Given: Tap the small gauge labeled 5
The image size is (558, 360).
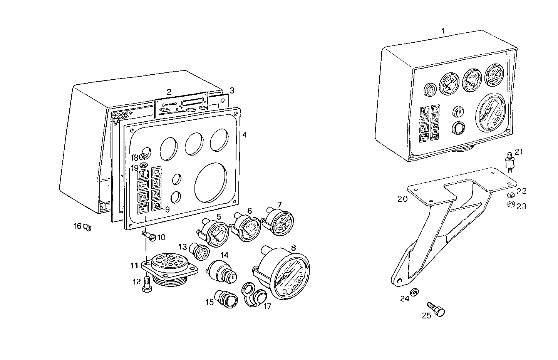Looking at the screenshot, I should pyautogui.click(x=214, y=234).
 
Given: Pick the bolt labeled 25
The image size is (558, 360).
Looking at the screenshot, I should pyautogui.click(x=437, y=310).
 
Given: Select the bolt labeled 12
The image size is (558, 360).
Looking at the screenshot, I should pyautogui.click(x=146, y=284).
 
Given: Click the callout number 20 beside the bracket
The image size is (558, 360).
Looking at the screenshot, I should pyautogui.click(x=402, y=199).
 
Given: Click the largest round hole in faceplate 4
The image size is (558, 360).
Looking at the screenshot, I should pyautogui.click(x=211, y=181).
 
